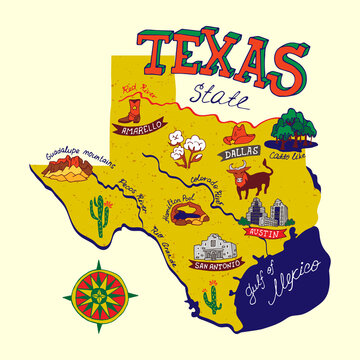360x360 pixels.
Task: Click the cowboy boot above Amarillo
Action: click(x=131, y=105)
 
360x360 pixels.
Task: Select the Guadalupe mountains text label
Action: click(x=75, y=155)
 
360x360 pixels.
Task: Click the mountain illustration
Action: click(x=66, y=173)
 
